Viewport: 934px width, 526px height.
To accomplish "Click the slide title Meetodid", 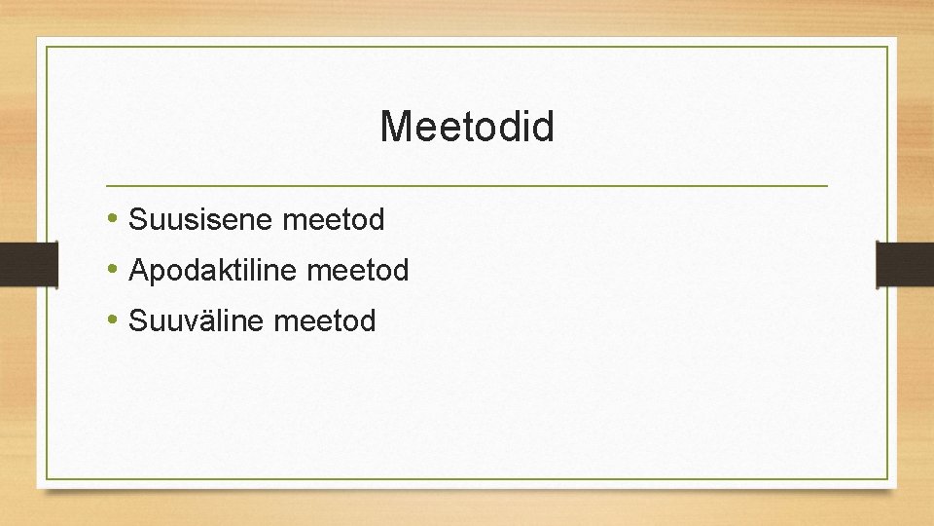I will point(467,127).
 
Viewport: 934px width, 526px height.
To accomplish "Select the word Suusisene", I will point(201,220).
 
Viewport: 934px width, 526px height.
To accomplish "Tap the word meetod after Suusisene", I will point(334,220).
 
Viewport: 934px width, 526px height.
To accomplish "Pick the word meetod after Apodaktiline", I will point(358,270).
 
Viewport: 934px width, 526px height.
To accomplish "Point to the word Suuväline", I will point(198,320).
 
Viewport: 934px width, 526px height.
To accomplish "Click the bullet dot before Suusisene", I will point(115,219).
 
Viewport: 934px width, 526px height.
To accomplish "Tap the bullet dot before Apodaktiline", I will point(115,269).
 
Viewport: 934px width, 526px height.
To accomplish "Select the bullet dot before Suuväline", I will point(115,319).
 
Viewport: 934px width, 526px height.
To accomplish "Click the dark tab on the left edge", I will point(15,263).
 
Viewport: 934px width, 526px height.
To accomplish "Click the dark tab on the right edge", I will point(905,263).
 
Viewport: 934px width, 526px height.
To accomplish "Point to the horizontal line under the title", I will point(467,185).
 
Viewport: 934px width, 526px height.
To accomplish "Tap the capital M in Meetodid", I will point(396,127).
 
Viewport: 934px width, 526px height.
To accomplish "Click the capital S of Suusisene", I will point(137,220).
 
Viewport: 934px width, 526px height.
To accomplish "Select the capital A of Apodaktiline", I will point(138,270).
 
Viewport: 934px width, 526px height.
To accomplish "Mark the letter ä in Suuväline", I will point(213,320).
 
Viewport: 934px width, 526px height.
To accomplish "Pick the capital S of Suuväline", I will point(137,320).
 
